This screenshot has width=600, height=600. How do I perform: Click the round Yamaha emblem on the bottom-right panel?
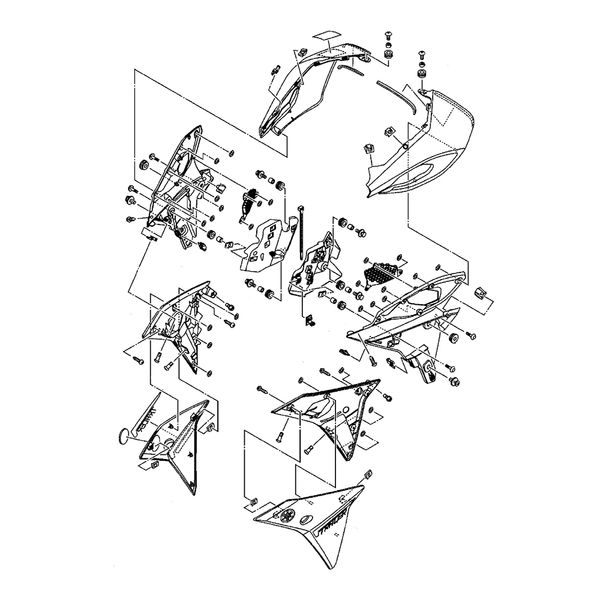pyautogui.click(x=286, y=515)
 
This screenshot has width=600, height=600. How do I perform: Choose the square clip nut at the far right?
pyautogui.click(x=481, y=292)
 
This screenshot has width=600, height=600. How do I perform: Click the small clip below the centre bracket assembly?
pyautogui.click(x=311, y=322)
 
